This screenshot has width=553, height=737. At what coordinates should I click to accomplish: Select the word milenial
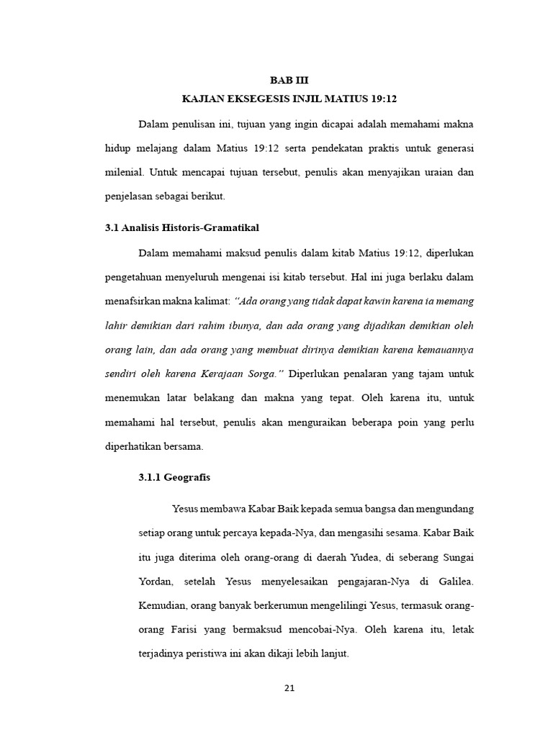123,173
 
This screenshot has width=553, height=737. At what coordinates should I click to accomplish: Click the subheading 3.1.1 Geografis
174,476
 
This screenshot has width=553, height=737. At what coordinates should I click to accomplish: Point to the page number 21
289,687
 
